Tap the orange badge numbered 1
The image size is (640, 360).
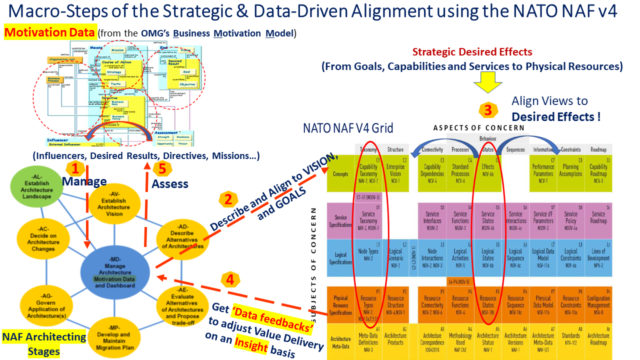[74, 167]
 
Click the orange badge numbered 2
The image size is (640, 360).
[228, 199]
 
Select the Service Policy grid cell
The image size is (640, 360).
[570, 220]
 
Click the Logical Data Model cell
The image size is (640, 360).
[543, 258]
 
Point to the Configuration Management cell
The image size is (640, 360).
[598, 302]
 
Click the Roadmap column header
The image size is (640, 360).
[598, 149]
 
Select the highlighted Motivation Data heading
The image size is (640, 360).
[50, 33]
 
